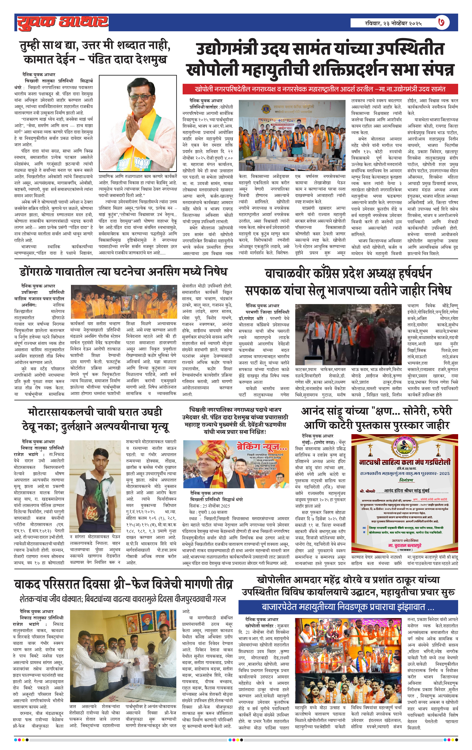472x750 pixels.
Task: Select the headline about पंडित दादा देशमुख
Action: [95, 52]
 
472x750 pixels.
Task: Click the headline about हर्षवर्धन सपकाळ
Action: [348, 282]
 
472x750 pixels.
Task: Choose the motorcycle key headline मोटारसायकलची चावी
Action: [95, 419]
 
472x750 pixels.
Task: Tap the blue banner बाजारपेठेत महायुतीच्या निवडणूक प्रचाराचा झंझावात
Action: [348, 607]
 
